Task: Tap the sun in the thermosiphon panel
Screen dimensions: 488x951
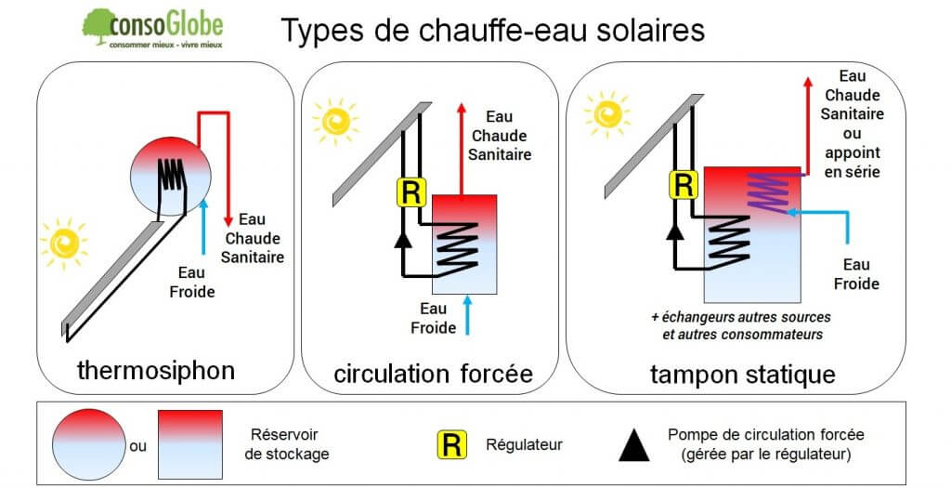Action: (x=64, y=243)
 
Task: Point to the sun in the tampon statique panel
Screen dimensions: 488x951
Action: (x=609, y=112)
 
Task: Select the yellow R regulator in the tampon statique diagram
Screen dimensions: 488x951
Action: (x=683, y=184)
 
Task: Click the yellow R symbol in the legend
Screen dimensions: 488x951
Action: (x=450, y=445)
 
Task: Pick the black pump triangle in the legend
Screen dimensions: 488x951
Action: (x=634, y=447)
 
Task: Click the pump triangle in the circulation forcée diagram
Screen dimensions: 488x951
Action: (x=402, y=241)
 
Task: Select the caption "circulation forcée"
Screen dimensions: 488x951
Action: (x=433, y=374)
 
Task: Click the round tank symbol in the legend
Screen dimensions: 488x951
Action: (x=89, y=444)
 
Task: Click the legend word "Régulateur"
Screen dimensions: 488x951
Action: (x=525, y=445)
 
